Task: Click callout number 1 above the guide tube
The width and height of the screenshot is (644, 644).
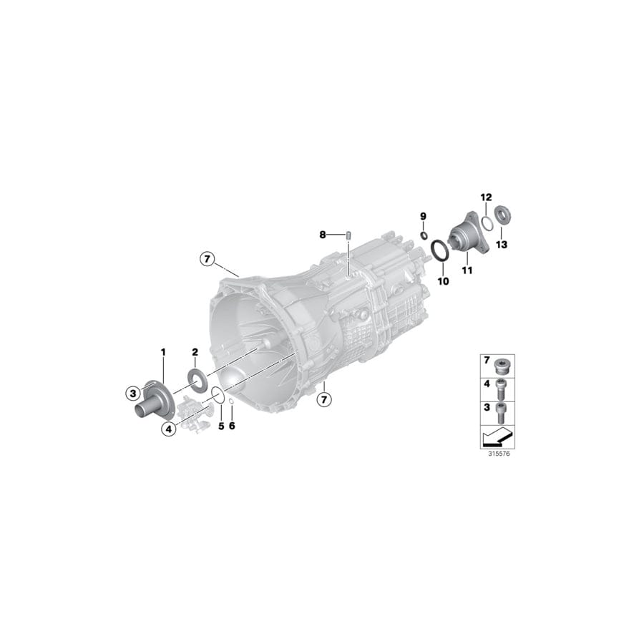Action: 163,352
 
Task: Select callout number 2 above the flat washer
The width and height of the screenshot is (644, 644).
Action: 195,352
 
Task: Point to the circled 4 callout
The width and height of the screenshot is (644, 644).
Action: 169,429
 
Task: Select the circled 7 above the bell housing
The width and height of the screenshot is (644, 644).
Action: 207,258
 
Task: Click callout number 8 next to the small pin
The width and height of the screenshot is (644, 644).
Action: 323,234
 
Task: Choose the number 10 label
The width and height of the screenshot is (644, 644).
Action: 443,281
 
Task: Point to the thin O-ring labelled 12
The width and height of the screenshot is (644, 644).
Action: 486,223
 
